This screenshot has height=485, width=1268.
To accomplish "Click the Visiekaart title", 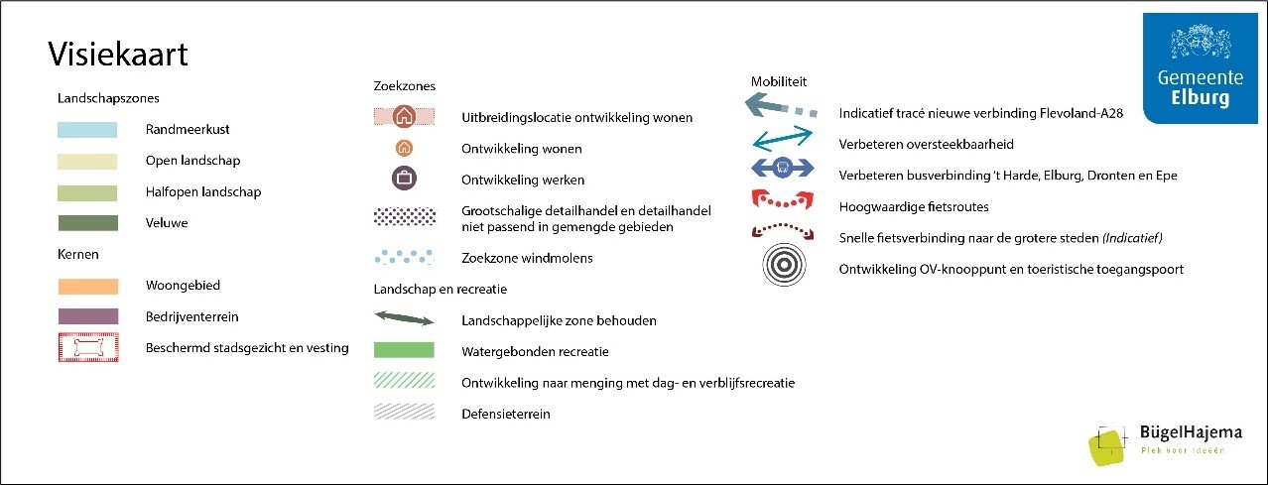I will coord(118,55).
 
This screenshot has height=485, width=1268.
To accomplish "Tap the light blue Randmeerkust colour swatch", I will coord(87,129).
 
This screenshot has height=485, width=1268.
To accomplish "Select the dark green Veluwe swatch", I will coord(87,223).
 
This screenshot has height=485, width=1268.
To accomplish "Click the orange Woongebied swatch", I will coord(87,286).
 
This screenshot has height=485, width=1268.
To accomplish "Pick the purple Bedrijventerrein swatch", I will coord(87,317).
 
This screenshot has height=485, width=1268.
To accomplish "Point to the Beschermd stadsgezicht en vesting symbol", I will coord(87,348).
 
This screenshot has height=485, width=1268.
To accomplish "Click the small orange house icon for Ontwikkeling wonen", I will coord(404,149).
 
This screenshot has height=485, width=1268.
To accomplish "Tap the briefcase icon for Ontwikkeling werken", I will coord(404,180).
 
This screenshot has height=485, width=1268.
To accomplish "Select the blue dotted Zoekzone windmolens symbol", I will coord(404,258).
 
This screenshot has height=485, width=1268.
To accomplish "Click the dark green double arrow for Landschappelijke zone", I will coord(404,319).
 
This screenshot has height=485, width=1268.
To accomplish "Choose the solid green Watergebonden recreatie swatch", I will coord(404,350).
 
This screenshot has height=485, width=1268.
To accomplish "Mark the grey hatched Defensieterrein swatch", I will coord(404,413).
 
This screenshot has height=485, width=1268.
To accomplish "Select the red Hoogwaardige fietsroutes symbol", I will coord(782,200).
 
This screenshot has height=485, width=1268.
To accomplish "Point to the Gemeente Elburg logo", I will coord(1199,69).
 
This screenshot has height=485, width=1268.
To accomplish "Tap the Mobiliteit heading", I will coord(779,80).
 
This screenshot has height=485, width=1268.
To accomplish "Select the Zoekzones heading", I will coord(404,86).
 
